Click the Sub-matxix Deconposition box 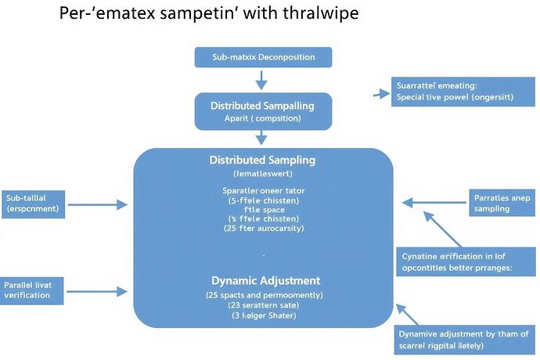click(263, 57)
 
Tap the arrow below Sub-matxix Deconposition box click(262, 78)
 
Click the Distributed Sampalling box click(262, 111)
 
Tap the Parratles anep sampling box click(502, 203)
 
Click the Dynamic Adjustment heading click(265, 280)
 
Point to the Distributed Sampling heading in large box click(262, 160)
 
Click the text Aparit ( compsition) click(262, 118)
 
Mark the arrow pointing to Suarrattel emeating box click(382, 93)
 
